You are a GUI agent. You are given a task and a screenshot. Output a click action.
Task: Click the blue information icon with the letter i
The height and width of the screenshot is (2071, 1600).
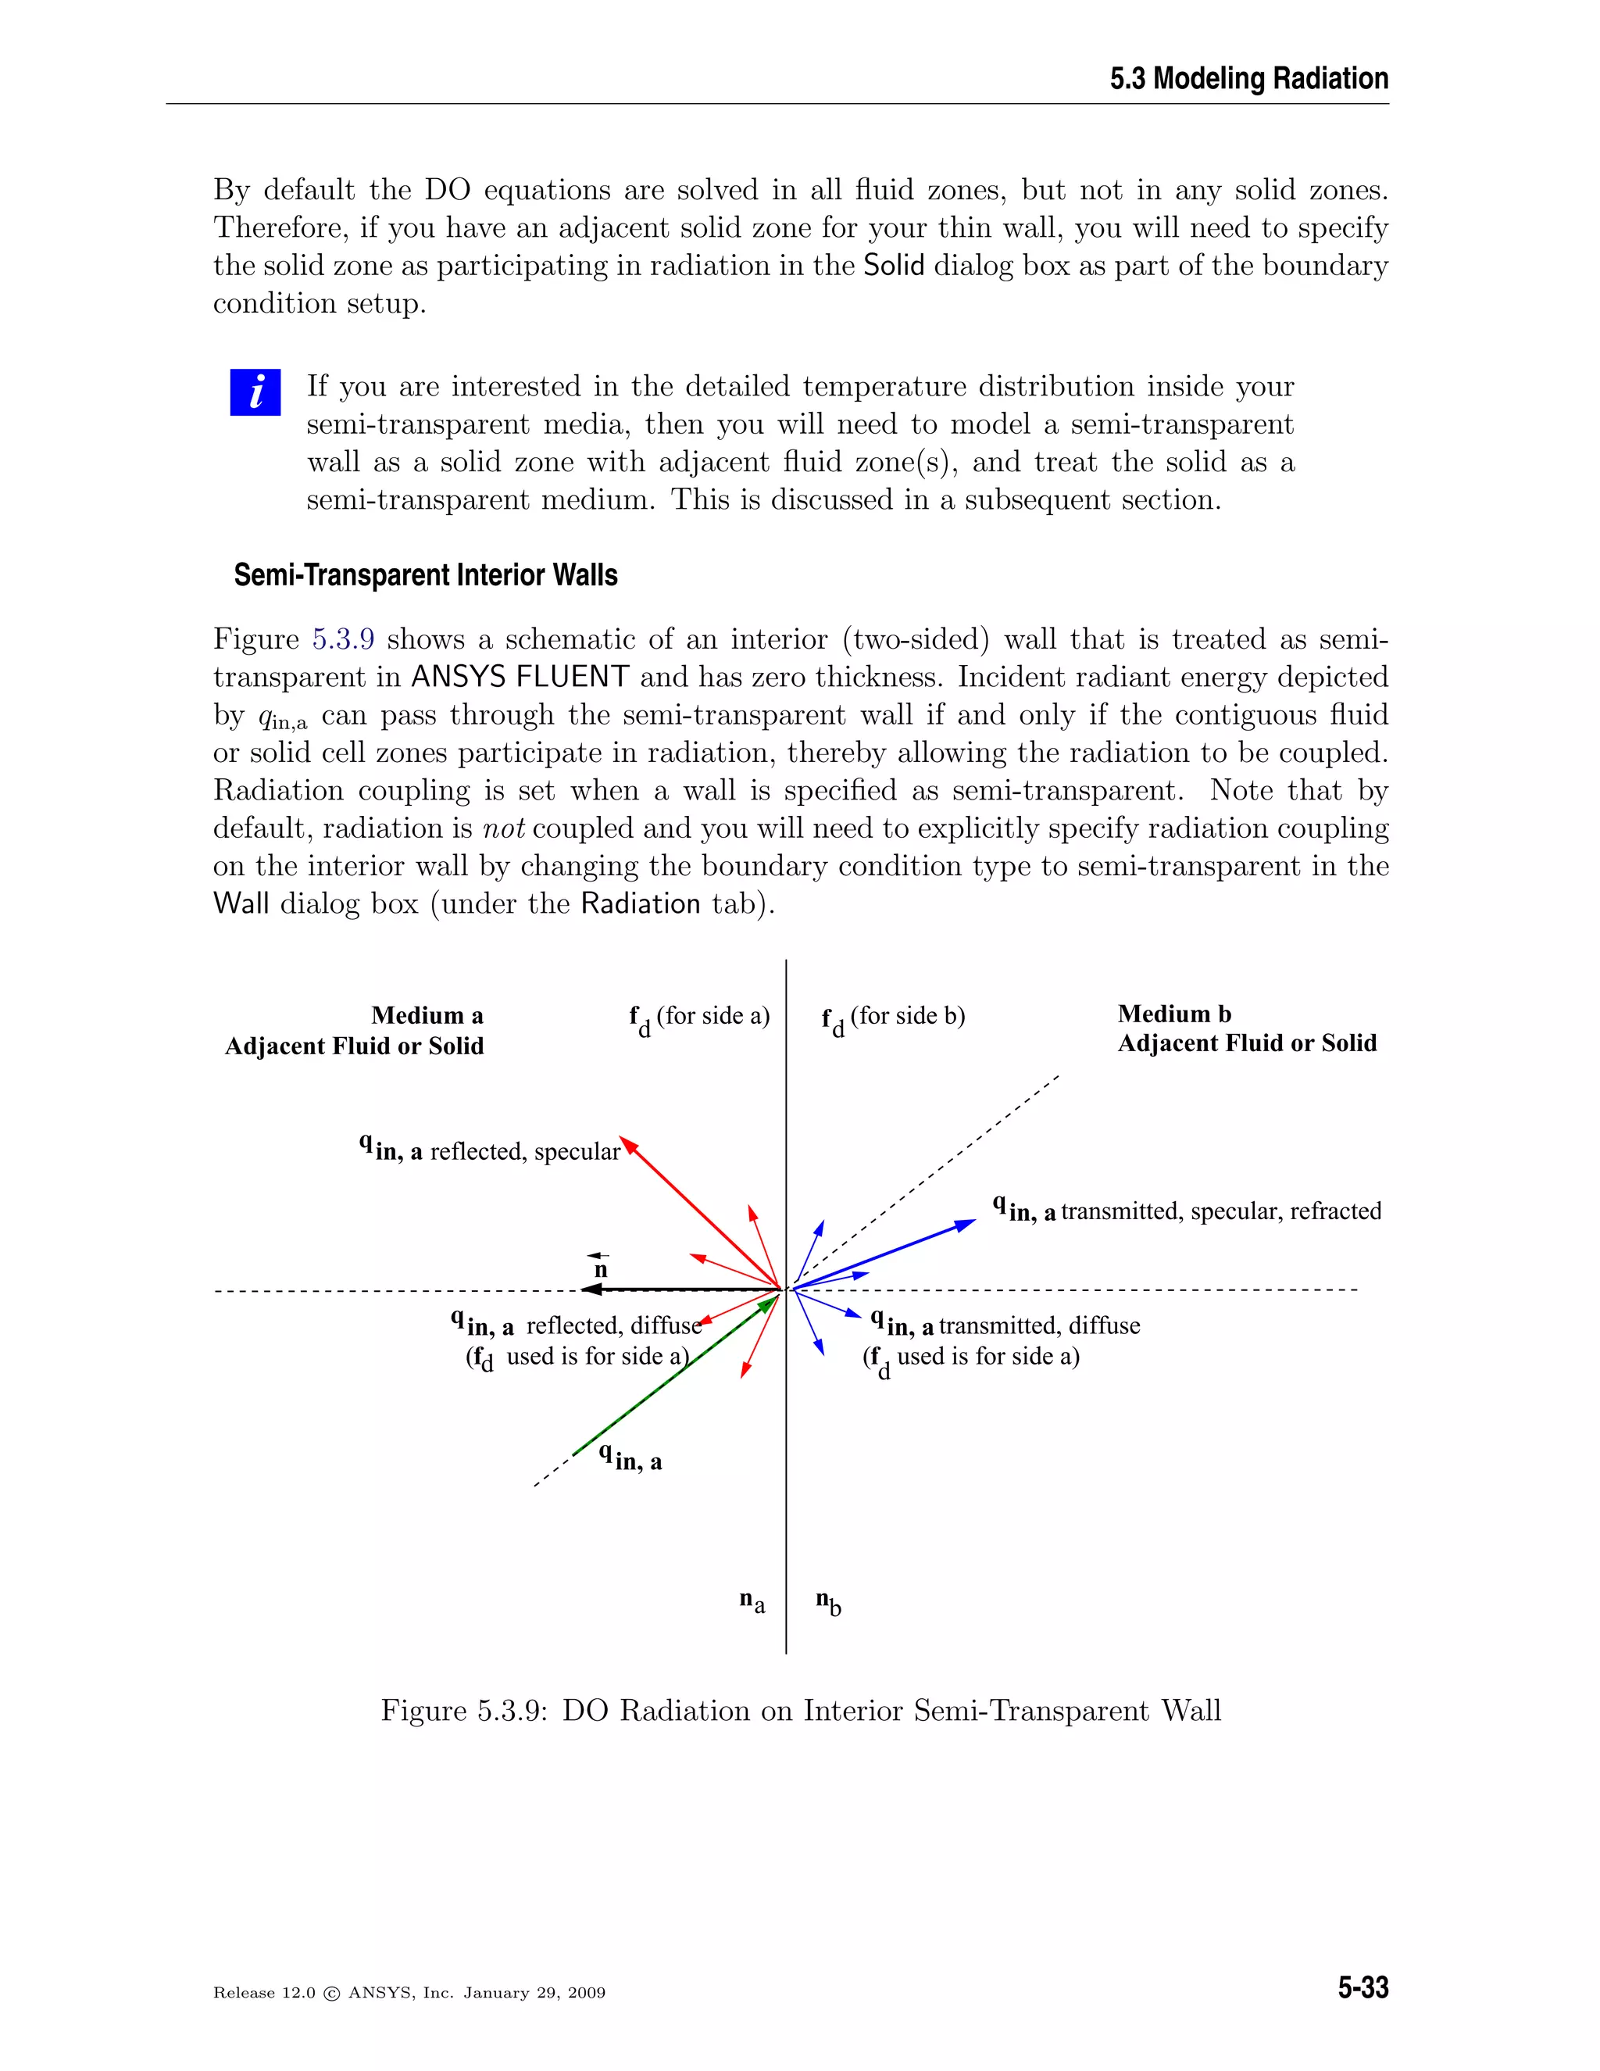pyautogui.click(x=255, y=392)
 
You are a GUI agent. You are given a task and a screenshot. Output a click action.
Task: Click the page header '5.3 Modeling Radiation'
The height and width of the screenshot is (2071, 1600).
pyautogui.click(x=1248, y=79)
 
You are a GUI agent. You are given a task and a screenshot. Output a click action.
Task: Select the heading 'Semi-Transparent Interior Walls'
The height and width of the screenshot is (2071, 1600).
pyautogui.click(x=426, y=576)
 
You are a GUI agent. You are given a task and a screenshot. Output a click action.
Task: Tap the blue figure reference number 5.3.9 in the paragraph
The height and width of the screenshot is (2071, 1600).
pyautogui.click(x=343, y=639)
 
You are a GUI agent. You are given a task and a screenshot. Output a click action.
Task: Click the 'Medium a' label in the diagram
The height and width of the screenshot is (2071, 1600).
pyautogui.click(x=427, y=1016)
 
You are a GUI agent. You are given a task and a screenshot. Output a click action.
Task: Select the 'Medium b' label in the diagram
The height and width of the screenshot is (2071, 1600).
pyautogui.click(x=1174, y=1014)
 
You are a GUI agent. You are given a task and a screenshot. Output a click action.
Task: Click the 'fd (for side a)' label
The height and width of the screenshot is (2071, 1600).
pyautogui.click(x=698, y=1018)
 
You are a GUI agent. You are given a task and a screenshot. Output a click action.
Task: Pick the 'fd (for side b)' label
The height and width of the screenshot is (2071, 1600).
pyautogui.click(x=893, y=1018)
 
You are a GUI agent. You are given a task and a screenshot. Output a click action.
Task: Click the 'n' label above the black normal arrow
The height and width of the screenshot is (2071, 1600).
pyautogui.click(x=600, y=1268)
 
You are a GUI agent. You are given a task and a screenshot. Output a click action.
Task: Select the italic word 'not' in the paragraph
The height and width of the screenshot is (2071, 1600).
pyautogui.click(x=503, y=828)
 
